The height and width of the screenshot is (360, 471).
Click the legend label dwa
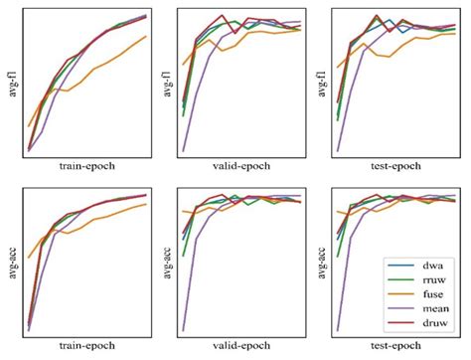pyautogui.click(x=433, y=267)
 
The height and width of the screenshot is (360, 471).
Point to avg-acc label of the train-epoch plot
pyautogui.click(x=10, y=260)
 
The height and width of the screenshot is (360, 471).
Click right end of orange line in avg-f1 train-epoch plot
pyautogui.click(x=147, y=37)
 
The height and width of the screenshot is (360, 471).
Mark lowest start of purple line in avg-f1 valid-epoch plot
pyautogui.click(x=183, y=151)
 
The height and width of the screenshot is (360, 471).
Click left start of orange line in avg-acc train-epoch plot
pyautogui.click(x=28, y=258)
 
